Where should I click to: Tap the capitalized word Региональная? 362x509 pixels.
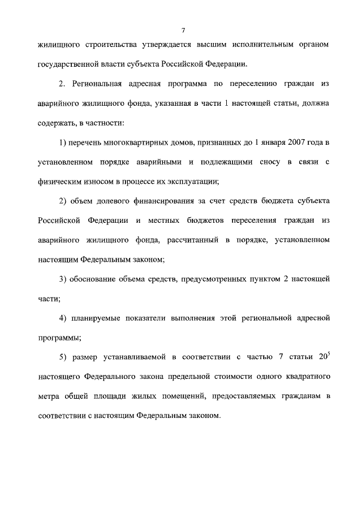101,84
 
